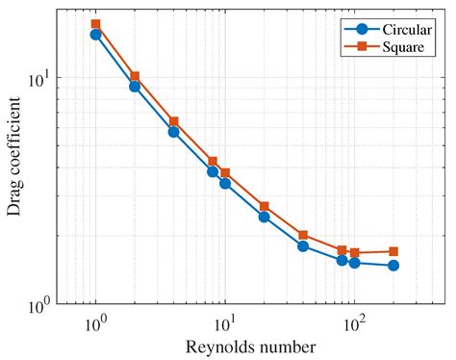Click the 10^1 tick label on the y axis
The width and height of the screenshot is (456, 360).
[x=39, y=78]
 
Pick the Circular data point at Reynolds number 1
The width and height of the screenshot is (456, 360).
[x=96, y=35]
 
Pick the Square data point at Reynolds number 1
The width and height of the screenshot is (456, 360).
[x=96, y=24]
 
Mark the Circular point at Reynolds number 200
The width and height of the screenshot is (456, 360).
[x=393, y=266]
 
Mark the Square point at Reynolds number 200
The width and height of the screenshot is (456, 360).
[x=393, y=251]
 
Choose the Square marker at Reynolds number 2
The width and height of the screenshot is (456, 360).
[x=135, y=76]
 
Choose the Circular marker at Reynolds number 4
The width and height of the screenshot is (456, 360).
[x=173, y=132]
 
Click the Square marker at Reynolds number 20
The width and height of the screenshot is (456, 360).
[x=264, y=207]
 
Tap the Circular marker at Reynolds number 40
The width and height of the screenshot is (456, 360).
[x=303, y=246]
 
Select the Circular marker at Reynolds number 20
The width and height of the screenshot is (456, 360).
[x=264, y=217]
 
